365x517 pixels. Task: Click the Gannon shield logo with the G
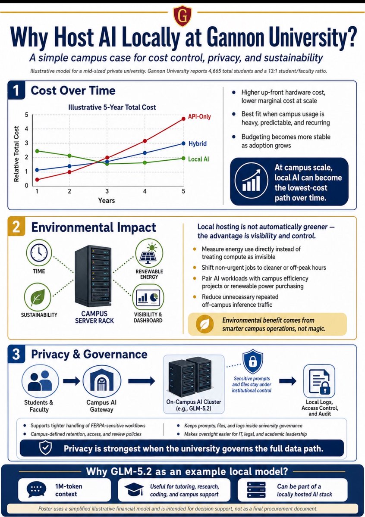(x=182, y=16)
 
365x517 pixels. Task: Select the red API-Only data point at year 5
(x=183, y=118)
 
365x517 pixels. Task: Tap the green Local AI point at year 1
(x=37, y=151)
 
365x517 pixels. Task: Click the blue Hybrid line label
(x=198, y=143)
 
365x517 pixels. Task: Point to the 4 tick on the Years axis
(x=145, y=191)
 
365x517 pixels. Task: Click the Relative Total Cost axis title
(x=16, y=154)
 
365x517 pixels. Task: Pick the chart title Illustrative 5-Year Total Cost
(x=112, y=107)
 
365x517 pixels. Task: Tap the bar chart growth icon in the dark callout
(x=251, y=180)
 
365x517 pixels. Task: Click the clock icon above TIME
(x=39, y=252)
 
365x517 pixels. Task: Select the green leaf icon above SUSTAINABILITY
(x=38, y=297)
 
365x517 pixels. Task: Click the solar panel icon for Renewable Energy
(x=149, y=253)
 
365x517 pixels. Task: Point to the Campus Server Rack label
(x=94, y=317)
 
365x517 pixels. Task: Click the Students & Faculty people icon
(x=40, y=381)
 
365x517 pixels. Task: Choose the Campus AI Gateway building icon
(x=102, y=381)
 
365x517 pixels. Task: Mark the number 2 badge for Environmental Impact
(x=16, y=227)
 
